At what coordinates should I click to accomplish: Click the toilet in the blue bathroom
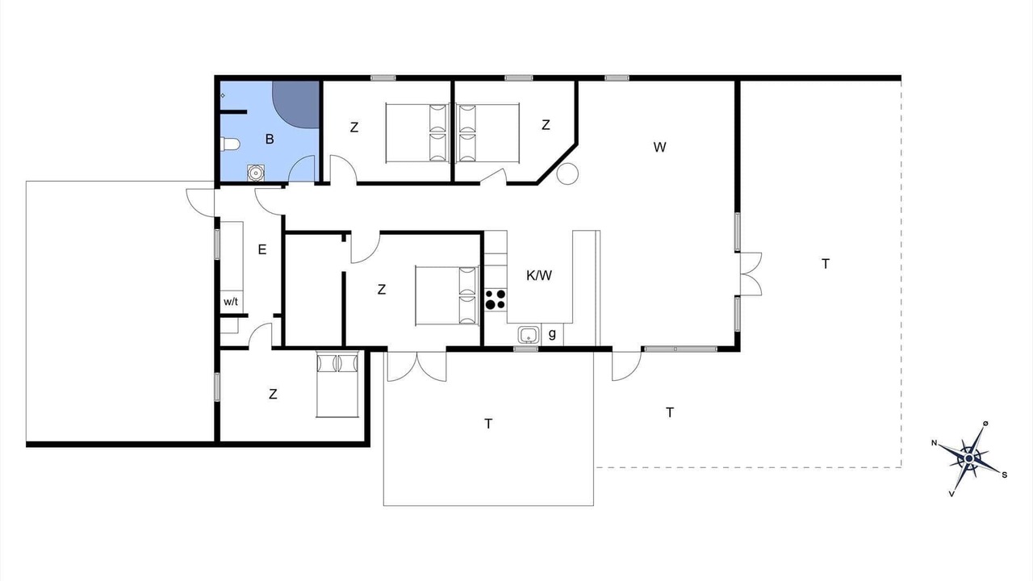[230, 144]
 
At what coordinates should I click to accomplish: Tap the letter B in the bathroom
[270, 139]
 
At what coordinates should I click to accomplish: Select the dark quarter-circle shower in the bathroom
[295, 105]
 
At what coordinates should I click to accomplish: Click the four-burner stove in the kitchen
[496, 299]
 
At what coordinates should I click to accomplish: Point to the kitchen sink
[529, 335]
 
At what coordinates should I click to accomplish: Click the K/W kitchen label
[539, 276]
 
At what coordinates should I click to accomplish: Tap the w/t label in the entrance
[231, 302]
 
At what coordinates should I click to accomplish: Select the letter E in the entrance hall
[262, 250]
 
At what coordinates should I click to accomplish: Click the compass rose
[969, 458]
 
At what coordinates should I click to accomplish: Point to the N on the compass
[935, 443]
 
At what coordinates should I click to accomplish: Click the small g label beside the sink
[552, 333]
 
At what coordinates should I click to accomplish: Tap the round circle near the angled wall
[567, 173]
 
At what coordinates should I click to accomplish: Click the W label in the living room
[660, 147]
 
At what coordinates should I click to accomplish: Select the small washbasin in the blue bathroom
[255, 173]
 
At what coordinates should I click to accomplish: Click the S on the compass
[1005, 475]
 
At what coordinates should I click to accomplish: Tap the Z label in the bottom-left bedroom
[273, 395]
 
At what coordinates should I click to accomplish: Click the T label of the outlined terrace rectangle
[488, 424]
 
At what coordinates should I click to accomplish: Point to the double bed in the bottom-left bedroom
[337, 384]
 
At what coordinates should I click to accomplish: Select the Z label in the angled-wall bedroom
[546, 125]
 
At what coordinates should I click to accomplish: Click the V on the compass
[951, 494]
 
